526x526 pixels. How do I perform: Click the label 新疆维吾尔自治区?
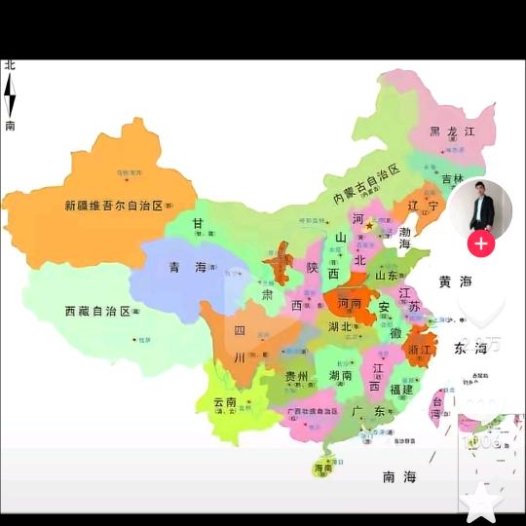click(112, 206)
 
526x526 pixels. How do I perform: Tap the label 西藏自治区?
click(97, 311)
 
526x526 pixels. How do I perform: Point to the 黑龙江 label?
click(452, 131)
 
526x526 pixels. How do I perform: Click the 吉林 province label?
click(452, 179)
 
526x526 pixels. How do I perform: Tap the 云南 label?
click(225, 401)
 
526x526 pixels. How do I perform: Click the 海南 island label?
click(323, 469)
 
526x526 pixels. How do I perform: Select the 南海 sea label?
click(398, 476)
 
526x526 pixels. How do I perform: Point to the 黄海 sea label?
click(454, 282)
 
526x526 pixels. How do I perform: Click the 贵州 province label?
click(296, 376)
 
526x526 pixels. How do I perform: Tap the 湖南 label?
click(340, 375)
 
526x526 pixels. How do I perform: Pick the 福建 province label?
click(401, 389)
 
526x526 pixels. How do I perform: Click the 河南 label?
click(350, 303)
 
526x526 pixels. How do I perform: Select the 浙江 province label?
click(422, 350)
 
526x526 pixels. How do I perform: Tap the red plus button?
click(480, 244)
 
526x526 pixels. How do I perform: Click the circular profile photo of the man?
click(480, 207)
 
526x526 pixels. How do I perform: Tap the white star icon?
click(481, 502)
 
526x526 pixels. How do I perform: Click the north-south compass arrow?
click(10, 95)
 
